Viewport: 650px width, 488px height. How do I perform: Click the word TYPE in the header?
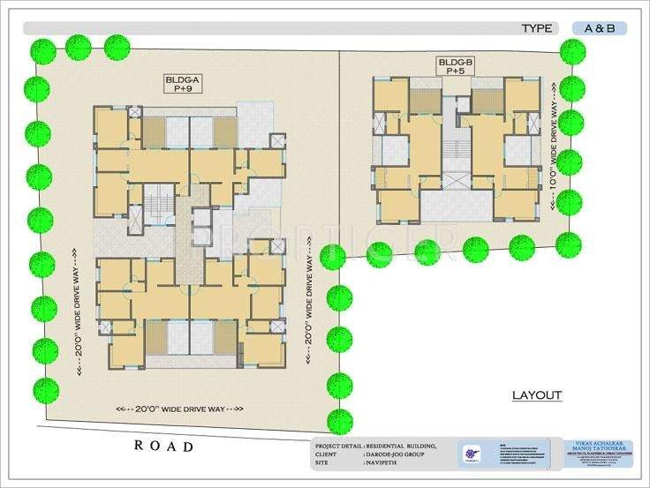tap(536, 28)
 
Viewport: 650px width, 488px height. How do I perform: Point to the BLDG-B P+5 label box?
tap(456, 66)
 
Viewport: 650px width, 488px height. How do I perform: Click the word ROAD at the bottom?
tap(163, 447)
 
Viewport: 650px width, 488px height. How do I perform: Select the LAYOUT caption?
tap(536, 394)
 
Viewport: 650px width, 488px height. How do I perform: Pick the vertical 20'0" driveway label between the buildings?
tap(309, 304)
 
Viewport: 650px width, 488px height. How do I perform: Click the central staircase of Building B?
tap(456, 146)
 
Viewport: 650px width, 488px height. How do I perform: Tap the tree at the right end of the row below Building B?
tap(568, 244)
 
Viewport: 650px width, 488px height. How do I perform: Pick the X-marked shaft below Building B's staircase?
tap(457, 181)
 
